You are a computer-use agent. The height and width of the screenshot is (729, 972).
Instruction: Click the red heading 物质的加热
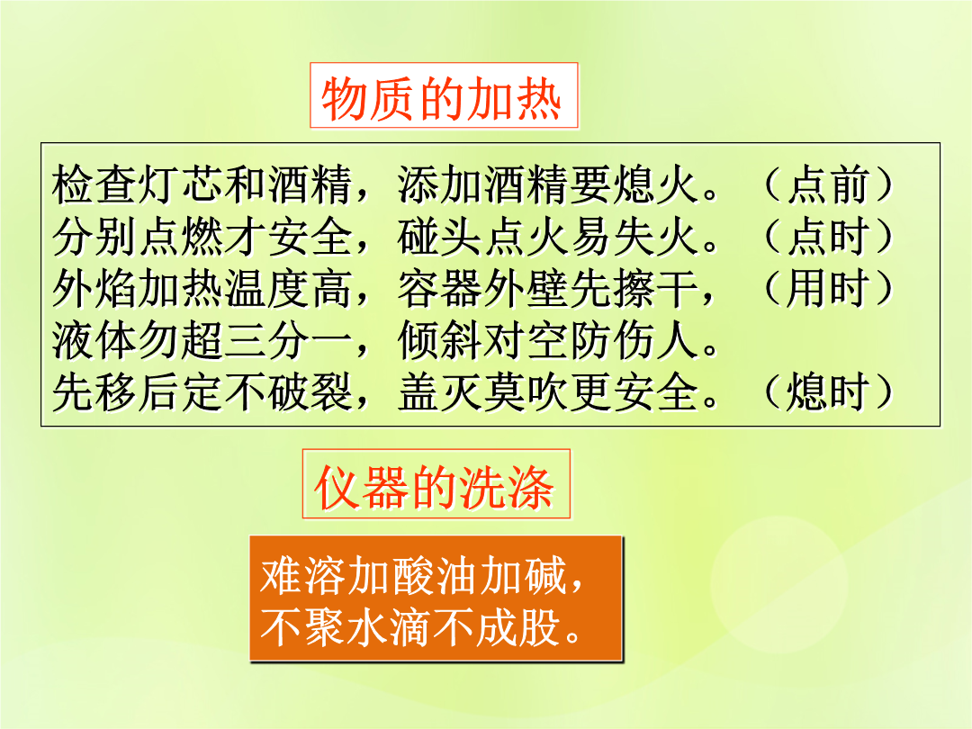point(441,98)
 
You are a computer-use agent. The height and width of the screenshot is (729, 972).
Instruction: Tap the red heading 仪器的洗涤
point(434,488)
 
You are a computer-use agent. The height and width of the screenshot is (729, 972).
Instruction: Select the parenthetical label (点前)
point(828,184)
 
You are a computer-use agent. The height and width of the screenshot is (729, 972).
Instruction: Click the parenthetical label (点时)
point(828,236)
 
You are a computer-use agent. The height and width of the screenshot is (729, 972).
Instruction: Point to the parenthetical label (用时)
point(828,288)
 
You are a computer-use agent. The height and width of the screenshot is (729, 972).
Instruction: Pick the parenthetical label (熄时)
point(828,391)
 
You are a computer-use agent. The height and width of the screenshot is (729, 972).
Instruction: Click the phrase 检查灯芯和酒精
point(202,184)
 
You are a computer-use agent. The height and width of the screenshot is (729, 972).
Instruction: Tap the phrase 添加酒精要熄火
point(549,184)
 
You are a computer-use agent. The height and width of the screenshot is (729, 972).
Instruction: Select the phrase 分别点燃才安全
point(202,236)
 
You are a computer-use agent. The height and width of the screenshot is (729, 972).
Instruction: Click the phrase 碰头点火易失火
point(549,236)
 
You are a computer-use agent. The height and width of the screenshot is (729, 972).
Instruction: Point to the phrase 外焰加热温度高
point(202,288)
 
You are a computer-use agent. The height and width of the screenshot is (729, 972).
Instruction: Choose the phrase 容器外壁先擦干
point(549,288)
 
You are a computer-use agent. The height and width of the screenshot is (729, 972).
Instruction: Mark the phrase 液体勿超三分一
point(202,340)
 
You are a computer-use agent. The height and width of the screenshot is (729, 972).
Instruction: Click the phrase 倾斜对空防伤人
point(549,340)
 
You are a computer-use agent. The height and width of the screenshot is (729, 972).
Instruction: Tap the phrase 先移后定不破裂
point(202,391)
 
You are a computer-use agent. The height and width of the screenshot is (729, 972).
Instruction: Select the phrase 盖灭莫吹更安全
point(549,391)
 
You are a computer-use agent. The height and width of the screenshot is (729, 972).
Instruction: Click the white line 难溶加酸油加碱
point(413,574)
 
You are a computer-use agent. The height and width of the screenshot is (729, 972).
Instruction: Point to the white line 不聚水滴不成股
point(413,626)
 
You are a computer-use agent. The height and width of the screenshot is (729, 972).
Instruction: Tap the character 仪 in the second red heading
point(337,488)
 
